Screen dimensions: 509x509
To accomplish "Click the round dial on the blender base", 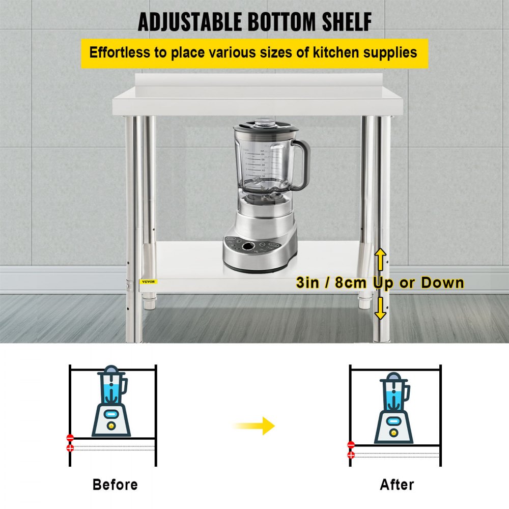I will point(248,246).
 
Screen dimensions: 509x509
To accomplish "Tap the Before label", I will point(115,484).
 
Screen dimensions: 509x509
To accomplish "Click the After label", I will point(397,484).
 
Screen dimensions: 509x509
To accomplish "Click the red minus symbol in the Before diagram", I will point(70,438).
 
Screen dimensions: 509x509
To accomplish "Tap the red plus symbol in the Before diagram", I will point(70,448).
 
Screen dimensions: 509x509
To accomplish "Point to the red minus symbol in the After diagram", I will point(351,444).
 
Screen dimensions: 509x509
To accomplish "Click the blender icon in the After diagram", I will point(394,407).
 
